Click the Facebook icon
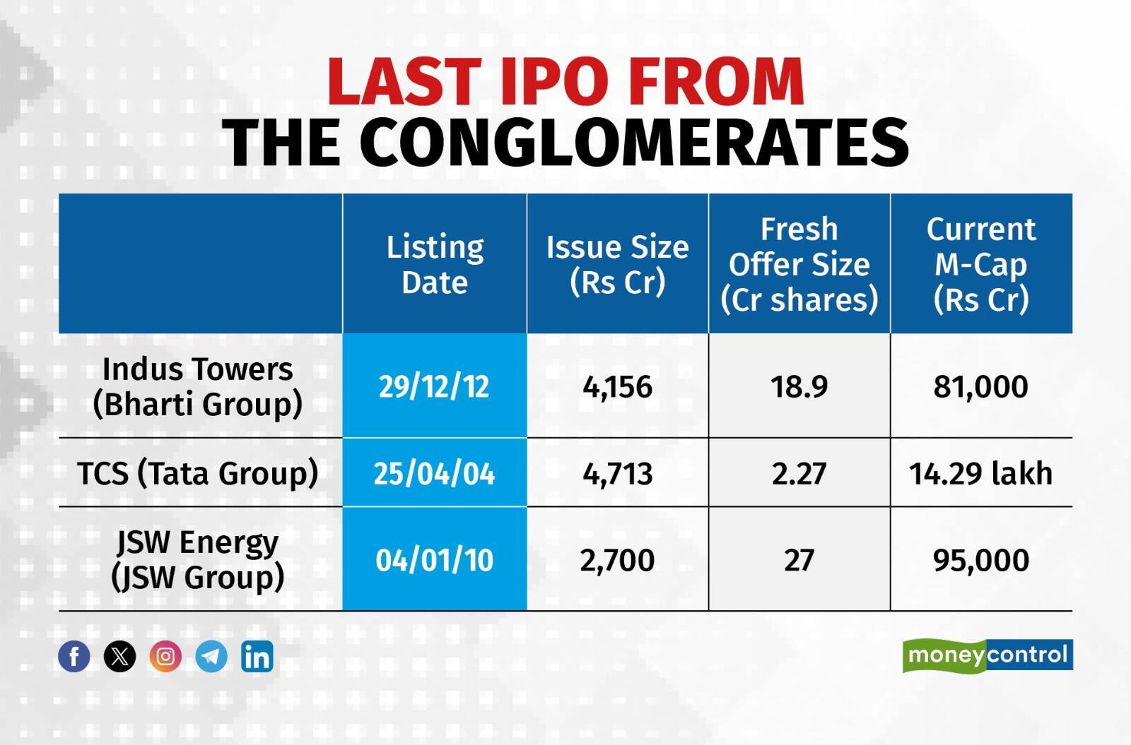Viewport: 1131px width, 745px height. click(x=74, y=657)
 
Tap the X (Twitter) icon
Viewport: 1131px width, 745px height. click(x=120, y=657)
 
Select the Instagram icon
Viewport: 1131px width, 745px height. click(x=165, y=657)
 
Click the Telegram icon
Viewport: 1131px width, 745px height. click(x=211, y=657)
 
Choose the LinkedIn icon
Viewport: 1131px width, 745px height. click(x=257, y=657)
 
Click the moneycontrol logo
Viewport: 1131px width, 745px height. click(x=988, y=655)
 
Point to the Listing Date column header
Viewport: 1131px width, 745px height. click(x=435, y=264)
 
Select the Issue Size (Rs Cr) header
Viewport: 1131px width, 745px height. click(x=617, y=264)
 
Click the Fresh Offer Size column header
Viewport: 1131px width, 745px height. click(x=799, y=264)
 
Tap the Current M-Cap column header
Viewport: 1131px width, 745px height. click(x=981, y=264)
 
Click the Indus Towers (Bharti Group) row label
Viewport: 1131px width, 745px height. click(x=198, y=386)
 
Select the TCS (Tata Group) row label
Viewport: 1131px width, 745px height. click(x=198, y=473)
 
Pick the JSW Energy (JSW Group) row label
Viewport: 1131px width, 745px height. click(x=198, y=559)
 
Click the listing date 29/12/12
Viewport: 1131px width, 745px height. click(x=434, y=387)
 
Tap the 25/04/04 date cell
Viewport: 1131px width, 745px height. click(x=434, y=474)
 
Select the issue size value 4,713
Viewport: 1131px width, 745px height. click(x=617, y=474)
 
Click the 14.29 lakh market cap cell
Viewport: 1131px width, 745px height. click(x=980, y=474)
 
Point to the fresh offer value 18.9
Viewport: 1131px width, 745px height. click(x=799, y=387)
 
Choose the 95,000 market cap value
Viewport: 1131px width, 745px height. click(x=980, y=560)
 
